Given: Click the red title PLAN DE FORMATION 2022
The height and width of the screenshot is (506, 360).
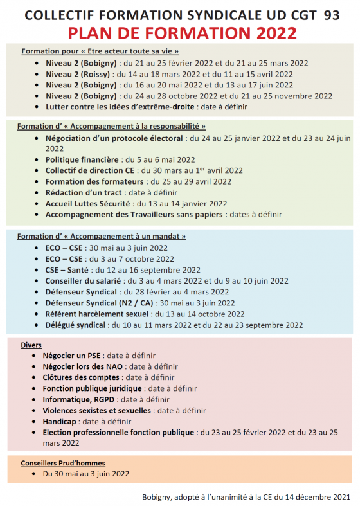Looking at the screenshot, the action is (179, 33).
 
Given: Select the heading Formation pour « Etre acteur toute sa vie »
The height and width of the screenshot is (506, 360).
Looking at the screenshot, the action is (100, 51).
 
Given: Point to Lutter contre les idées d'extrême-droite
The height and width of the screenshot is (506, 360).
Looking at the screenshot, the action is (120, 107).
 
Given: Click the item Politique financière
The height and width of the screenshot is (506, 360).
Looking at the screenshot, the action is (82, 159).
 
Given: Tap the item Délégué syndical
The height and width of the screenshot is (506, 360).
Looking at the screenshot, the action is (75, 325).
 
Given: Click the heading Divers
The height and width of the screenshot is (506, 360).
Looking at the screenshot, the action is (31, 345).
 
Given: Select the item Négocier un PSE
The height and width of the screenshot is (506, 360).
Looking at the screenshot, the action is (72, 355).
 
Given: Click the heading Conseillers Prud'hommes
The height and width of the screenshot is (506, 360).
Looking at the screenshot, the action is (62, 463).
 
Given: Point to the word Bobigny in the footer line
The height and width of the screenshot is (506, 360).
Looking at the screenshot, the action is (159, 496).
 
